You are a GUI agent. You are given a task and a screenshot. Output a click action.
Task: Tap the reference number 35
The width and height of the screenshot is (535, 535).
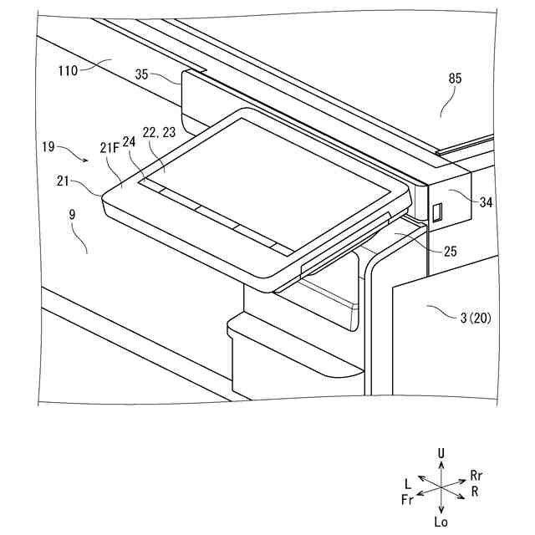click(x=147, y=74)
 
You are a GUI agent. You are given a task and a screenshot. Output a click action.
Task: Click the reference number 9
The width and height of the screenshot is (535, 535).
click(x=73, y=216)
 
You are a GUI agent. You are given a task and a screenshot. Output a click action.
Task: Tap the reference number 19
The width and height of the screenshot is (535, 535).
click(x=48, y=146)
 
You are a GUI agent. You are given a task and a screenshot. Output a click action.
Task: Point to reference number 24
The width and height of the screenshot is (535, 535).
click(x=130, y=142)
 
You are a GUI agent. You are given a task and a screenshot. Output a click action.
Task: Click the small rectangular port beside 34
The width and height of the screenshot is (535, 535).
click(x=436, y=212)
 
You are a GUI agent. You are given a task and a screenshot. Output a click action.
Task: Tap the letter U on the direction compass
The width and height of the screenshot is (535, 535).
click(x=441, y=453)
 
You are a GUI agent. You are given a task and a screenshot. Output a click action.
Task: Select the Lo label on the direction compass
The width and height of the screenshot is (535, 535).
click(x=441, y=520)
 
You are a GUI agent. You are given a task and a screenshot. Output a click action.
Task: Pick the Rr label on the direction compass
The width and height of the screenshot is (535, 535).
click(x=476, y=475)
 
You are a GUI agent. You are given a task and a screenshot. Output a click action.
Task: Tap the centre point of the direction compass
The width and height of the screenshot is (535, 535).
click(x=441, y=487)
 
